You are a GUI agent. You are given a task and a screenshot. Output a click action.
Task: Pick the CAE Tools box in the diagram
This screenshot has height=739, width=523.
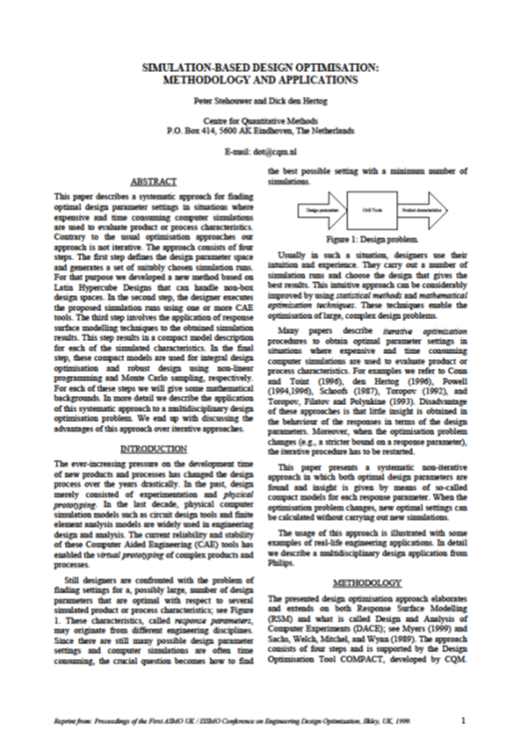point(367,212)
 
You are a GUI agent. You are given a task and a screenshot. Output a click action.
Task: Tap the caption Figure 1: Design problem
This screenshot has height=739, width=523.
point(363,239)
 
